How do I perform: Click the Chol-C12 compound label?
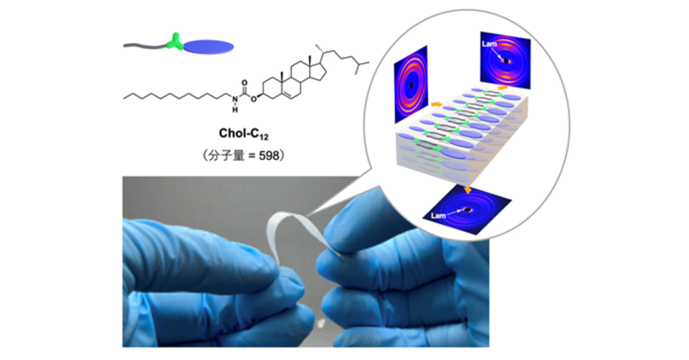[x=244, y=133]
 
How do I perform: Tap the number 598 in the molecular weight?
[x=269, y=156]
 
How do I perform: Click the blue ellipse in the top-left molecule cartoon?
[x=208, y=47]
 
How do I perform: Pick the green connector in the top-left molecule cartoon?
[x=175, y=41]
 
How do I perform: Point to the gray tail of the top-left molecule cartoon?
[x=146, y=46]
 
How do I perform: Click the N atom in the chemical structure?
[x=235, y=100]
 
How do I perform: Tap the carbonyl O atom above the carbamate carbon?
[x=245, y=83]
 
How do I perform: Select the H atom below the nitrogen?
[x=235, y=110]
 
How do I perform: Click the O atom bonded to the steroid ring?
[x=254, y=99]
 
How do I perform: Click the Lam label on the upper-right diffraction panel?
[x=489, y=44]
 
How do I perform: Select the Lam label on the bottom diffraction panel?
[x=438, y=215]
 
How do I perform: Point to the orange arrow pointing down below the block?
[x=468, y=189]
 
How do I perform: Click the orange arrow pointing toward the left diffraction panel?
[x=437, y=103]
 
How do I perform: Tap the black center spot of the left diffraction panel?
[x=412, y=85]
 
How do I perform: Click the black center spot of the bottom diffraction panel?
[x=468, y=209]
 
